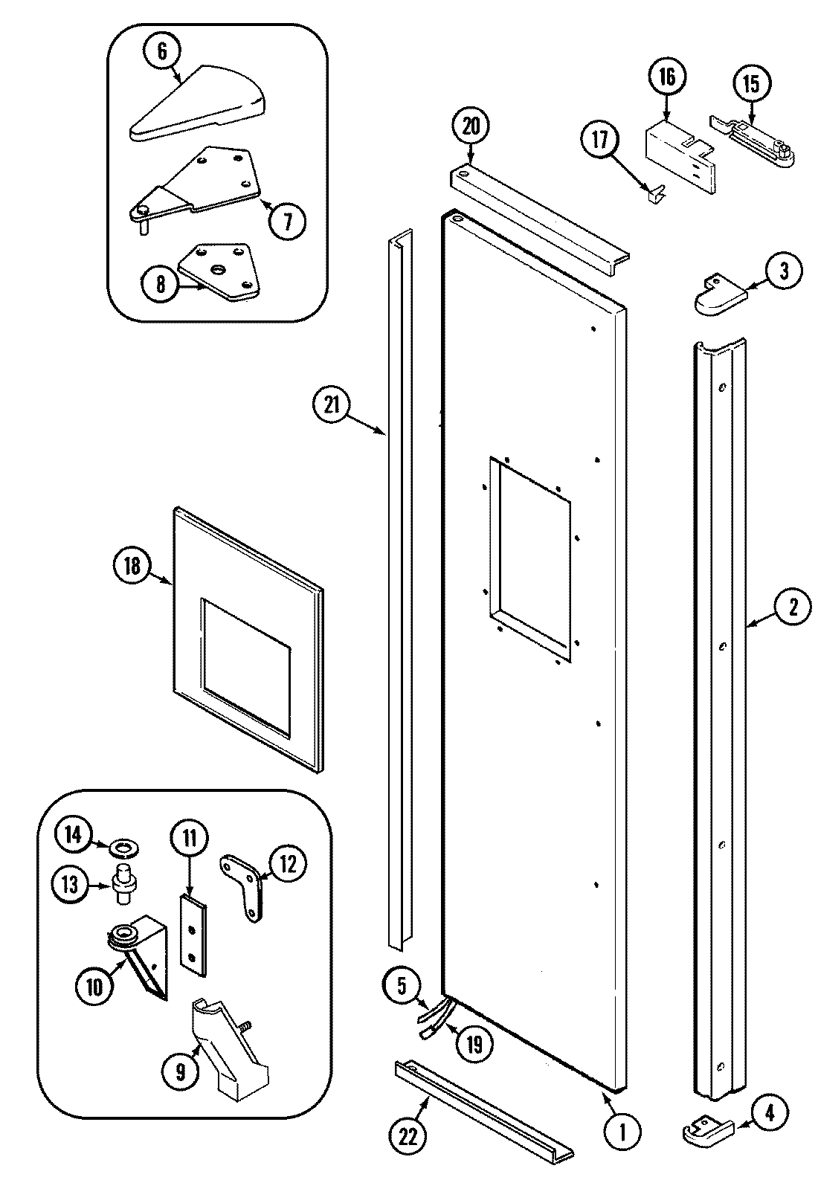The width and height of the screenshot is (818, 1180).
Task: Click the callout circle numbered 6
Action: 162,51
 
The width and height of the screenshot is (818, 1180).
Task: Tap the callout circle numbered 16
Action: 666,77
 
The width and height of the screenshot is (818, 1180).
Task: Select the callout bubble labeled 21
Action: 331,405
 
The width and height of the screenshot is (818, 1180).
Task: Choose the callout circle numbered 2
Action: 793,607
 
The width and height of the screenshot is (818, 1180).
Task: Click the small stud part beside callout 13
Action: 123,883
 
